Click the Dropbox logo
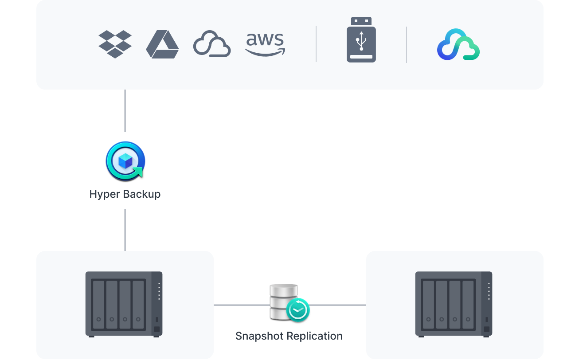click(x=115, y=44)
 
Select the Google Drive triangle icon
click(x=162, y=45)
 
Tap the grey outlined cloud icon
click(x=212, y=44)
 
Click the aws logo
click(x=265, y=44)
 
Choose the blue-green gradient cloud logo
click(x=458, y=44)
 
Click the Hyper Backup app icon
click(x=125, y=160)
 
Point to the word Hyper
click(x=104, y=194)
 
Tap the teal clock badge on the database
click(x=298, y=309)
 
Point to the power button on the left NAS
click(x=156, y=329)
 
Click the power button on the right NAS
click(x=486, y=329)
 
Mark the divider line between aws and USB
click(x=316, y=44)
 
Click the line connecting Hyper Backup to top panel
click(x=125, y=111)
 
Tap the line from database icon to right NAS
click(x=338, y=305)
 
